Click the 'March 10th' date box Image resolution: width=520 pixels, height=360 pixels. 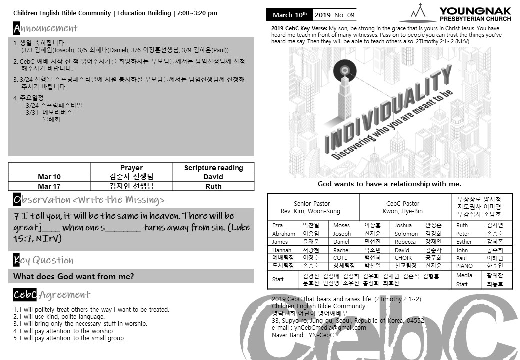[290, 15]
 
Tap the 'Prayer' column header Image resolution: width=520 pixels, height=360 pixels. [131, 168]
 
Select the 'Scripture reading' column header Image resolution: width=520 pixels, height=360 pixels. [213, 168]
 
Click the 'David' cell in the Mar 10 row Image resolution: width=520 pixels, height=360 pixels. [213, 177]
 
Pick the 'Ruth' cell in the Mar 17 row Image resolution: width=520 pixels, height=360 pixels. [213, 186]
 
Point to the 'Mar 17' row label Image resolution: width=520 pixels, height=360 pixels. [49, 186]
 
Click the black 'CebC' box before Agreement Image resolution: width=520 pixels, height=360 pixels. [25, 295]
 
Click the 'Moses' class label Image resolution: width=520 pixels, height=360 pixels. [341, 225]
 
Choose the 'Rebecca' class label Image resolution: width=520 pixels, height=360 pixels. [405, 242]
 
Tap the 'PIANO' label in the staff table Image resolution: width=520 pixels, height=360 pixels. [464, 266]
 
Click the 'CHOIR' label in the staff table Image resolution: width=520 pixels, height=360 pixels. [403, 258]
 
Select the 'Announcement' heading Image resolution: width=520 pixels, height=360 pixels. [45, 28]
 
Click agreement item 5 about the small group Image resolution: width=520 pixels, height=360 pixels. [69, 338]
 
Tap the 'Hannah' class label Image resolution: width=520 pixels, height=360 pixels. [282, 250]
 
